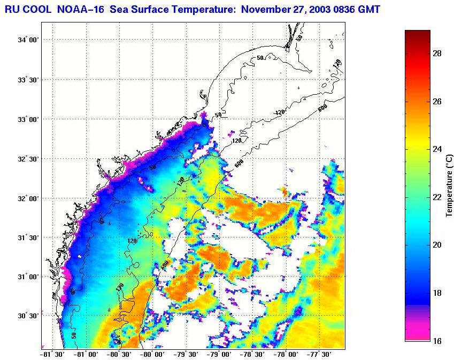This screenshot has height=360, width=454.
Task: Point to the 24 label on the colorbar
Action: (436, 149)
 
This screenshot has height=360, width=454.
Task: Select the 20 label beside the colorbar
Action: (436, 245)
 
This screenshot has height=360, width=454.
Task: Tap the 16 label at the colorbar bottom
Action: (436, 340)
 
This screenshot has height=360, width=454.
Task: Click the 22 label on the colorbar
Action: (436, 197)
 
